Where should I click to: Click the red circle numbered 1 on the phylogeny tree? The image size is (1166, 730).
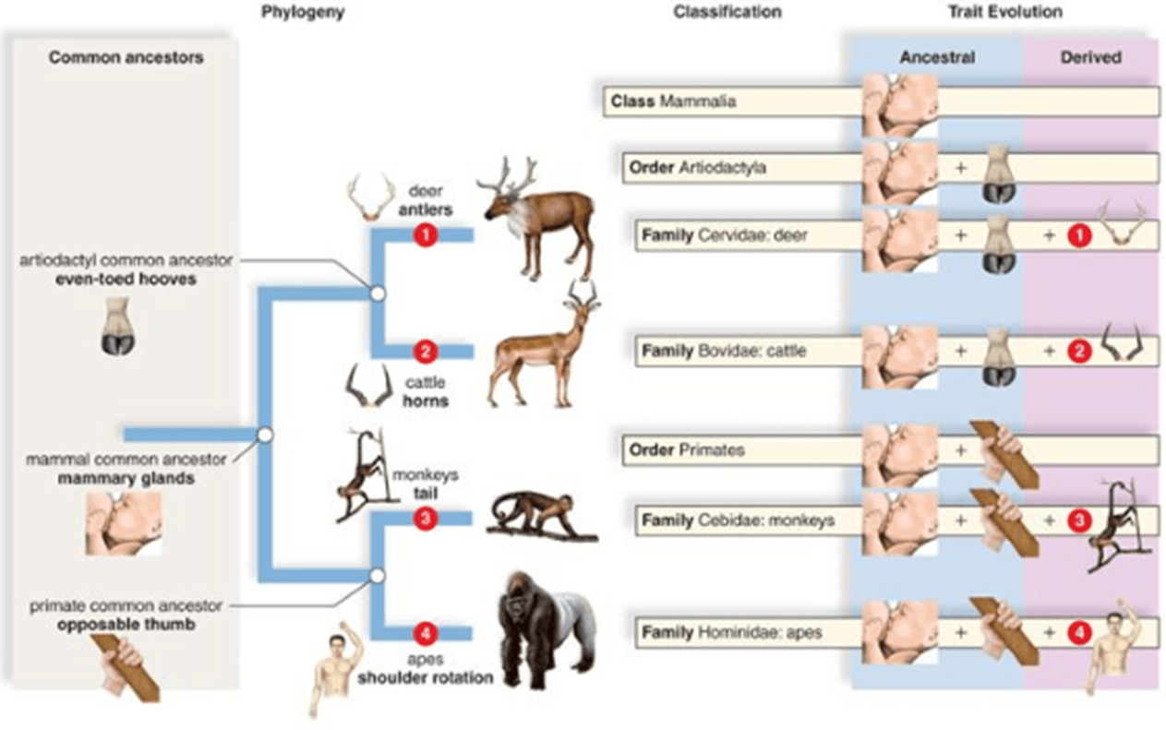pos(426,235)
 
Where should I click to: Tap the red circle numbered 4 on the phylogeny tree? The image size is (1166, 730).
pos(426,633)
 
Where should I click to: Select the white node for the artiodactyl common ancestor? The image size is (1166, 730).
pos(378,294)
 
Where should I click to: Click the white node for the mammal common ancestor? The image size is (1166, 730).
pos(265,435)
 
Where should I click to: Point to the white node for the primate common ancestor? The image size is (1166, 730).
pos(378,576)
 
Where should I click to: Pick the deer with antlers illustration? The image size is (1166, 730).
pos(536,219)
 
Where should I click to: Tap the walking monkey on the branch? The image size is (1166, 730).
pos(541,515)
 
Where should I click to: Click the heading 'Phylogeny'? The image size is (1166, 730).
pos(303,12)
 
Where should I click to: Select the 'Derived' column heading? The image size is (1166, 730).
pos(1091,57)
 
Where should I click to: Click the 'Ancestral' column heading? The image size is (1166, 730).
pos(937,57)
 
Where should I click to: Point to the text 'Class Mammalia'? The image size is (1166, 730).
pos(673,101)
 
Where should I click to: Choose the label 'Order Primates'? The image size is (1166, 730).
pos(687,449)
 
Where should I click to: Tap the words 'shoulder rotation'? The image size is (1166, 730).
pos(426,677)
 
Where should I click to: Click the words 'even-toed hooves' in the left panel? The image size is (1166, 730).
pos(126,279)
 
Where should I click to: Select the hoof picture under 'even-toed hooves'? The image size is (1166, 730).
pos(118,327)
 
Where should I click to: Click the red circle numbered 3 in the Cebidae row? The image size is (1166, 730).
pos(1079,521)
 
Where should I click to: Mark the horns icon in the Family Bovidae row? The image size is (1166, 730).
pos(1123,341)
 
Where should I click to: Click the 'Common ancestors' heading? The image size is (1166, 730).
pos(126,57)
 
